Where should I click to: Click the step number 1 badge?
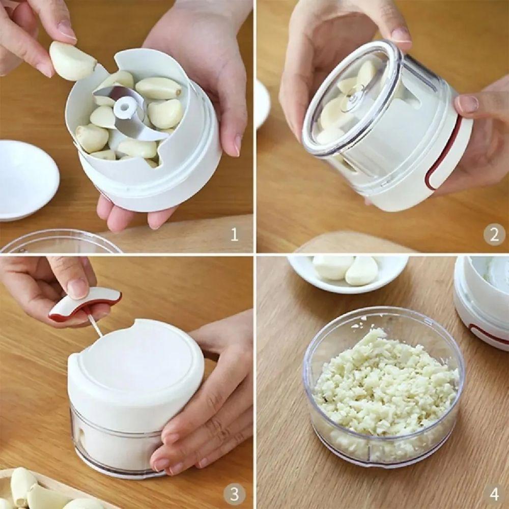point(234,235)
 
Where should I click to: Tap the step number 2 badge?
point(494,235)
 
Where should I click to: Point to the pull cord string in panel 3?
point(95,326)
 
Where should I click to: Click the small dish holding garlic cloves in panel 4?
point(346,272)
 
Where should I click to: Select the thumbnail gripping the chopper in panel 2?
point(467,104)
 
